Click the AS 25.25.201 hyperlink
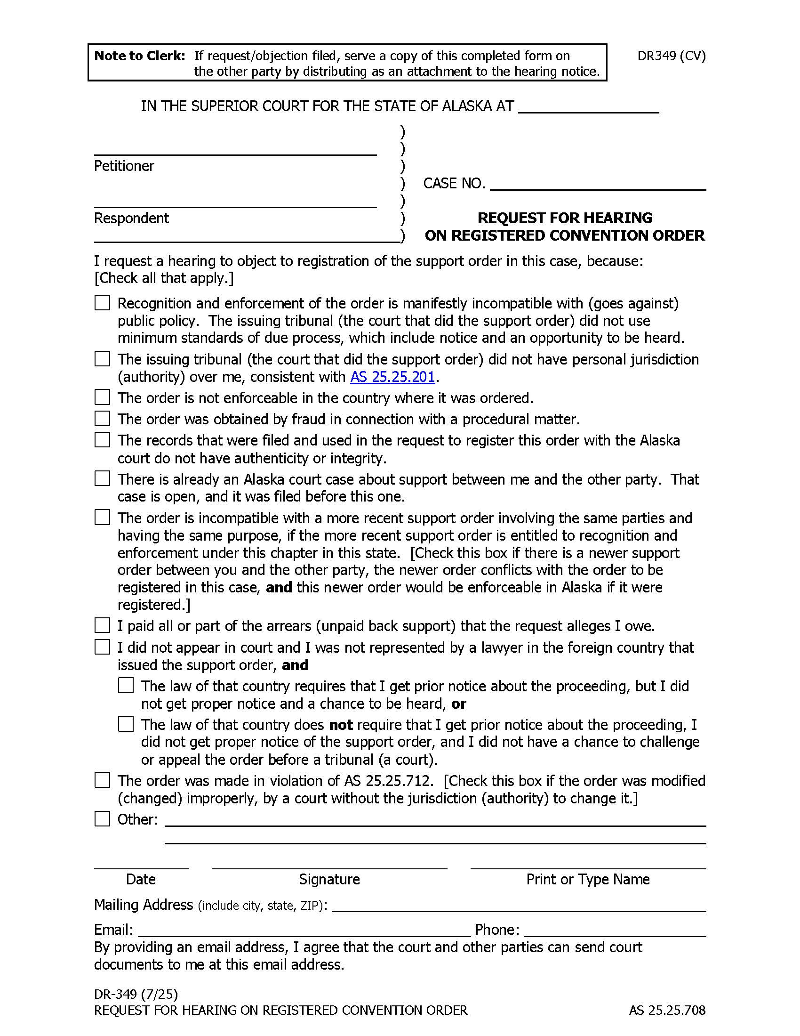point(392,377)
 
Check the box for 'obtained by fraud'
point(103,419)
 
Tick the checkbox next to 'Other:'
point(103,819)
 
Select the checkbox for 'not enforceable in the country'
point(103,397)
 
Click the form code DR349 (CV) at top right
point(671,56)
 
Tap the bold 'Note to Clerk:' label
point(140,56)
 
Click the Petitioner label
point(124,166)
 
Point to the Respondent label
point(131,218)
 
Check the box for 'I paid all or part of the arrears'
point(103,626)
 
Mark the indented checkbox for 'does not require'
point(126,724)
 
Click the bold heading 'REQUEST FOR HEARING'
point(564,218)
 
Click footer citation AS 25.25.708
point(667,1011)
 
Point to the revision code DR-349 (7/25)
point(136,994)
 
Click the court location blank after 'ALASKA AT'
point(588,107)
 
